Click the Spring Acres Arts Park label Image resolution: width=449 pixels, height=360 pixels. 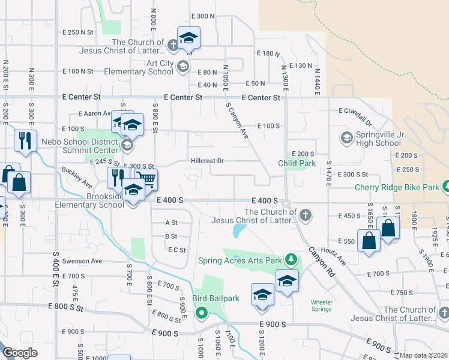coord(240,261)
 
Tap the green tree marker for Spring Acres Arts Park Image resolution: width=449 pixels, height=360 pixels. coord(291,259)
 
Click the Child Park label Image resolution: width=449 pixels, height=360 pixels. coord(297,163)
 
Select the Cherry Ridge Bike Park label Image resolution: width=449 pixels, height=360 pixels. coord(397,187)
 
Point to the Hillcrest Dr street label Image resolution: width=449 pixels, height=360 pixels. coord(207,161)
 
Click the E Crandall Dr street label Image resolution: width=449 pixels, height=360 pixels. coord(361,111)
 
